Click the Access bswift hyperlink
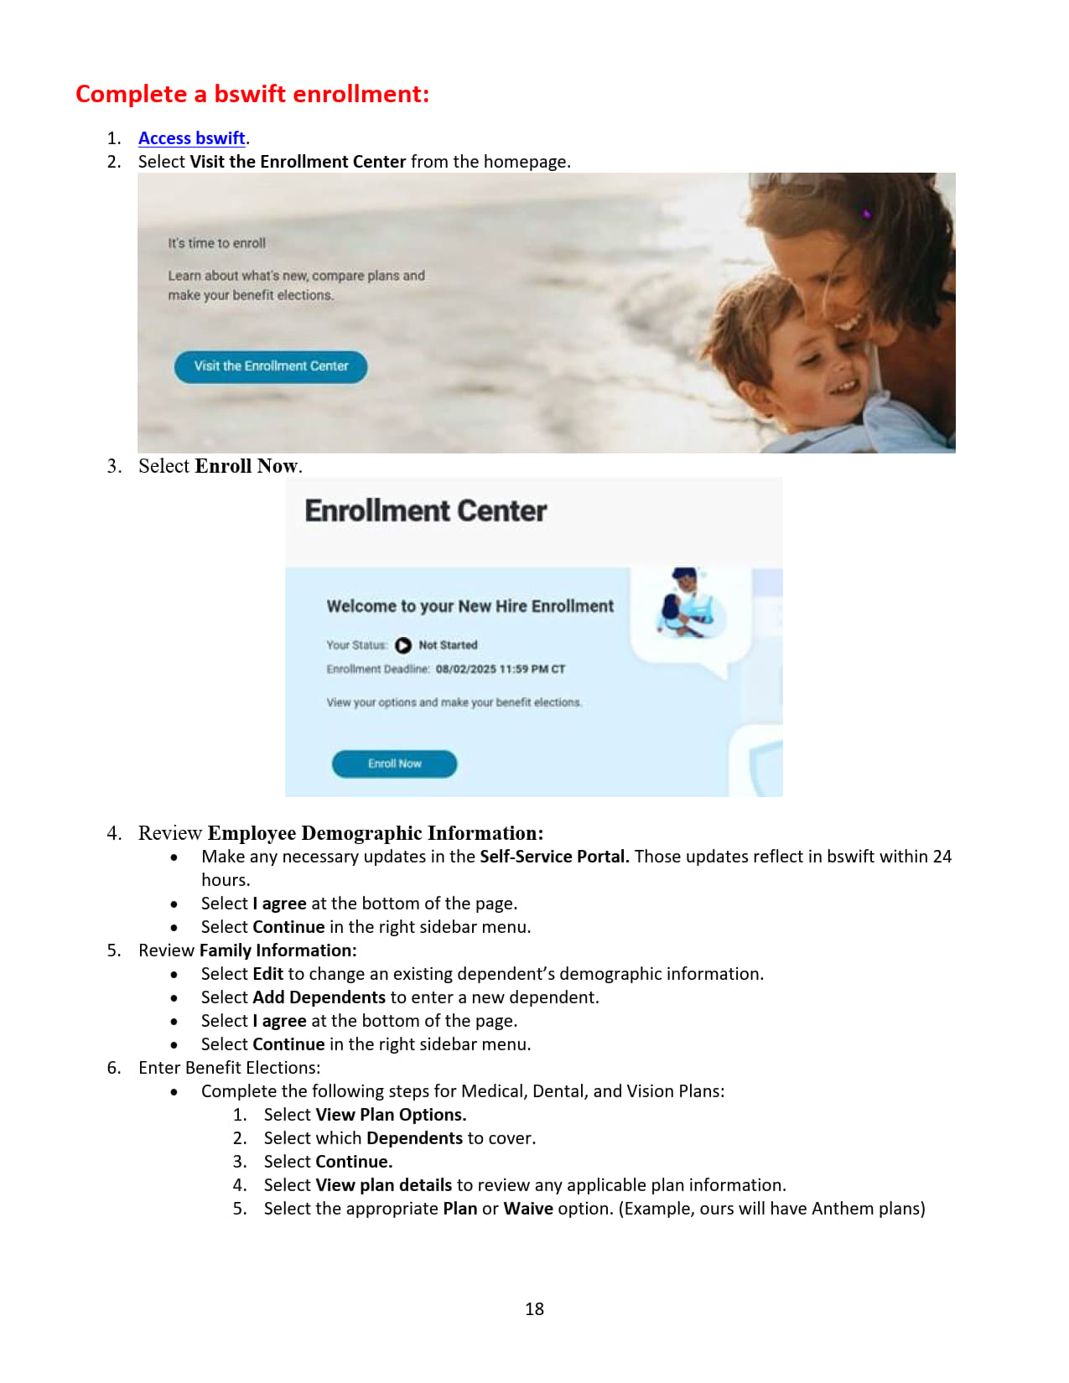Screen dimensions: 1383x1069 coord(191,138)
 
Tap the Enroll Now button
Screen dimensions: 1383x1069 coord(394,764)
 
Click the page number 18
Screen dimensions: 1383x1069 coord(534,1309)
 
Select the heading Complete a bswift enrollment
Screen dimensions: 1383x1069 coord(252,94)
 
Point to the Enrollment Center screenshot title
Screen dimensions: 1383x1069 coord(425,510)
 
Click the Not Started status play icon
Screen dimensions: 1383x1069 coord(403,645)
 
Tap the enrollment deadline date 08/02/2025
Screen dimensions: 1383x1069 coord(466,670)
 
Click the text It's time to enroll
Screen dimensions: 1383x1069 coord(216,243)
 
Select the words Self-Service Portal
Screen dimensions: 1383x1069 coord(553,857)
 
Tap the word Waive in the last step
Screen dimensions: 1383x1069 coord(527,1209)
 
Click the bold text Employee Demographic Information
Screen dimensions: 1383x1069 coord(375,833)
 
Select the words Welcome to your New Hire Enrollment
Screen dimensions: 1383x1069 coord(470,606)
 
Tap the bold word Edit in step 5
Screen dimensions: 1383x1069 coord(268,974)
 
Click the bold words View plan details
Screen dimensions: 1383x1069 coord(383,1185)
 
